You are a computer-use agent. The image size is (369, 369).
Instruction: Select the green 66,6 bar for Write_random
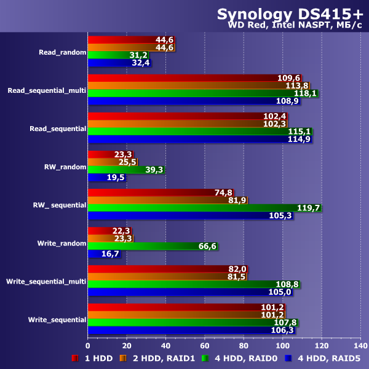[153, 246]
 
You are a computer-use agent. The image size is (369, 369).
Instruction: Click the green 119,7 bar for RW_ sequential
[204, 208]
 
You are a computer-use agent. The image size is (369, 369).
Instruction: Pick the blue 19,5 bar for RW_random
[107, 177]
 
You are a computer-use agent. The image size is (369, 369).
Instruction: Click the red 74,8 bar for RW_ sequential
[161, 192]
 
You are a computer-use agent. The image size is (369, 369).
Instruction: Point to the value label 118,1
[306, 93]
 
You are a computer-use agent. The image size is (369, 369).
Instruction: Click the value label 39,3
[153, 170]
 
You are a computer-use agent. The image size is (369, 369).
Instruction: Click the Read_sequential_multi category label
[47, 90]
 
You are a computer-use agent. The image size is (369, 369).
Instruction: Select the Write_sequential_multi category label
[46, 281]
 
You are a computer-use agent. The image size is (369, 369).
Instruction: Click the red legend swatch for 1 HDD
[74, 358]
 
